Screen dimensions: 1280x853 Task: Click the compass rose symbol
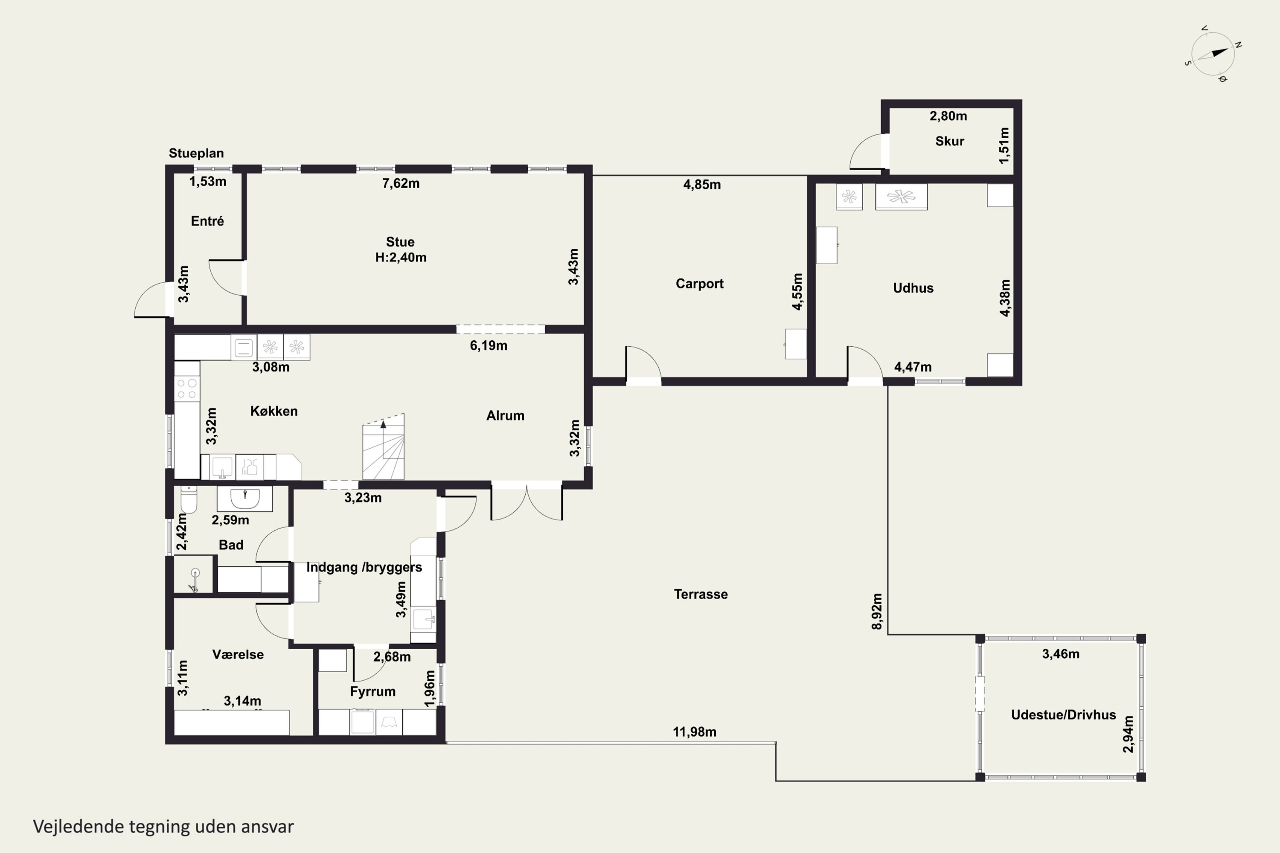pos(1213,54)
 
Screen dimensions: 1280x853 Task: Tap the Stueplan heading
pos(196,154)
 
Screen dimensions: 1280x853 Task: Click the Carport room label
pos(699,284)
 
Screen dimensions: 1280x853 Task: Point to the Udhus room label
pos(913,288)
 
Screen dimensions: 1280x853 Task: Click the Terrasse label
pos(701,594)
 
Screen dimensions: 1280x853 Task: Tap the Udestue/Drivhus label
pos(1063,715)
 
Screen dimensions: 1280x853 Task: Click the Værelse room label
pos(238,654)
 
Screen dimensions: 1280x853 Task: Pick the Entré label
pos(207,221)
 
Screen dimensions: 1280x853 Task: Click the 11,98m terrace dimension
pos(695,732)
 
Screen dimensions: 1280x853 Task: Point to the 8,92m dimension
pos(877,612)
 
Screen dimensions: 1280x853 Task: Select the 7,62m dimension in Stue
pos(401,183)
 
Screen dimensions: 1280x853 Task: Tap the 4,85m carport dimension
pos(702,184)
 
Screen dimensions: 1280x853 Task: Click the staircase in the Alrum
pos(383,447)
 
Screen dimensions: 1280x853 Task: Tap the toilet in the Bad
pos(188,499)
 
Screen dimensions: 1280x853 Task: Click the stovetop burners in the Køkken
pos(187,389)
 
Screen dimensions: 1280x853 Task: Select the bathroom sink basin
pos(245,498)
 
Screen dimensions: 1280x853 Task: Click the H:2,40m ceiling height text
pos(401,257)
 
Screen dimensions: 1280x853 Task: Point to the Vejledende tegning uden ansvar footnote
pos(163,827)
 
